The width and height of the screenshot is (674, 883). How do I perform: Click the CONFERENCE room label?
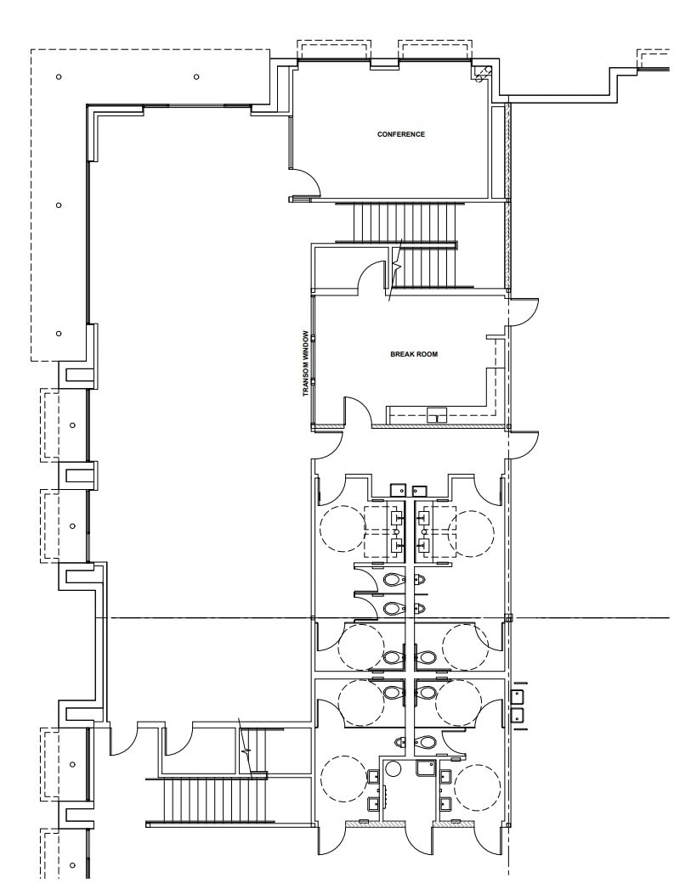(x=400, y=134)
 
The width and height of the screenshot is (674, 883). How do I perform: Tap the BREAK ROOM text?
(x=414, y=354)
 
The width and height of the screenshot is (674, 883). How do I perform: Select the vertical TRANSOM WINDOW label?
(x=304, y=364)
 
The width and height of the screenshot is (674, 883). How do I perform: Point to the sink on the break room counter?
(x=437, y=415)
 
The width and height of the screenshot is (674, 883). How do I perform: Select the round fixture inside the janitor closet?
(x=393, y=769)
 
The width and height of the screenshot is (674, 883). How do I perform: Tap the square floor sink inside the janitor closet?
(x=426, y=769)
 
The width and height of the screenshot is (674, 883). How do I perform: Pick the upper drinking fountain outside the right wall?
(x=517, y=696)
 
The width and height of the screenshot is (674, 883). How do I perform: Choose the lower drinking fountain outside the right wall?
(x=517, y=715)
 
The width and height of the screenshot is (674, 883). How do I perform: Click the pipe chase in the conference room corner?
(x=482, y=73)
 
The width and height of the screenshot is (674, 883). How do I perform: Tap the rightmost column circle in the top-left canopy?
(x=196, y=77)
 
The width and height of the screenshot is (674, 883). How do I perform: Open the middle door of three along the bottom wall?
(x=420, y=841)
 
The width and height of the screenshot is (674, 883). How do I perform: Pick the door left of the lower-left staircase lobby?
(x=121, y=740)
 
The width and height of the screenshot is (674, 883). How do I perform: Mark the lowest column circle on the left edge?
(x=72, y=865)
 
